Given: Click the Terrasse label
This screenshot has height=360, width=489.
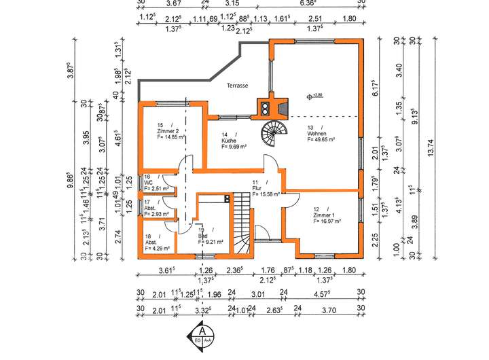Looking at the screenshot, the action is click(238, 86).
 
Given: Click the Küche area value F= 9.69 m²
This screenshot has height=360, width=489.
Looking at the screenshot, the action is click(228, 147).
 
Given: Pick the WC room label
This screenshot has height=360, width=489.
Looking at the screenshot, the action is click(148, 182).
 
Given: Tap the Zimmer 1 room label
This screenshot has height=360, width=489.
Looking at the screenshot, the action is click(327, 215).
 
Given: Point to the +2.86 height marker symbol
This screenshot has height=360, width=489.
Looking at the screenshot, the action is click(310, 96).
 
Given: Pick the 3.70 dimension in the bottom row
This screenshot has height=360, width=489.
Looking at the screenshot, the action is click(328, 310).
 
